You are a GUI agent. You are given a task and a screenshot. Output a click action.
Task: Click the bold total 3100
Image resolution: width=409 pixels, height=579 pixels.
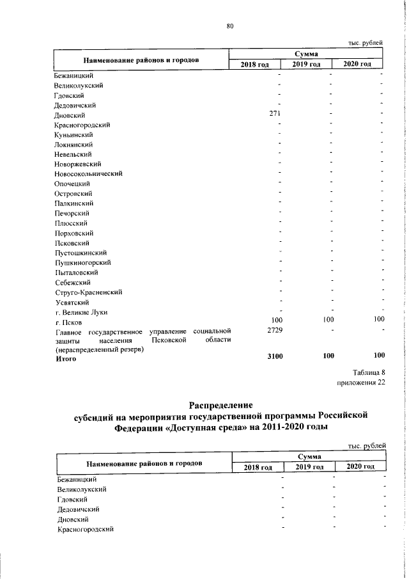point(274,355)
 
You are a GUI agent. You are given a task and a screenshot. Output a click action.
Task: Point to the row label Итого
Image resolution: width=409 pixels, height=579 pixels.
point(66,359)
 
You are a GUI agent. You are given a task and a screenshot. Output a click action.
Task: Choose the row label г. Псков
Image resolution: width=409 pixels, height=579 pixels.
point(68,322)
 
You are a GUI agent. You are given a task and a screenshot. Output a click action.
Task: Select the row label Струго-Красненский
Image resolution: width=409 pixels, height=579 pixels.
point(88,292)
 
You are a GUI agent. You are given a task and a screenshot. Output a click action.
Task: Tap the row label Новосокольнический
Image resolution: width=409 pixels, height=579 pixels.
point(88,173)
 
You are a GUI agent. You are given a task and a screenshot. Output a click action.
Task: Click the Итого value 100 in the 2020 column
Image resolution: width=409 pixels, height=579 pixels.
point(379,355)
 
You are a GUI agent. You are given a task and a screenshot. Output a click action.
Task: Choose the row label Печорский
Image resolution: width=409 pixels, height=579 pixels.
point(72,213)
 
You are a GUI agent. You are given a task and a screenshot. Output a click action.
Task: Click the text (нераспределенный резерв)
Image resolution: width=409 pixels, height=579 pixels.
point(96,350)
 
